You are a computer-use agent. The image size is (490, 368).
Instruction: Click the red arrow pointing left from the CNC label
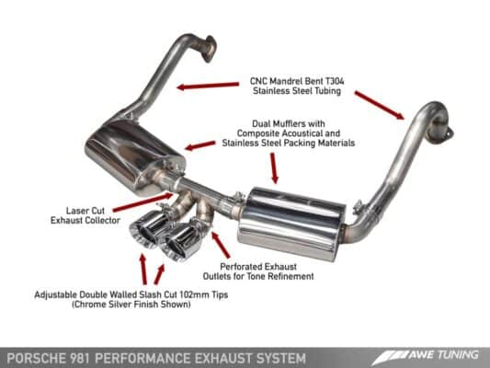[204, 86]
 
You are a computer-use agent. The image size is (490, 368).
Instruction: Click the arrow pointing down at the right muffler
[274, 167]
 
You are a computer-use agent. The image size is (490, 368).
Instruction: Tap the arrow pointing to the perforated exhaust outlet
[219, 246]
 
